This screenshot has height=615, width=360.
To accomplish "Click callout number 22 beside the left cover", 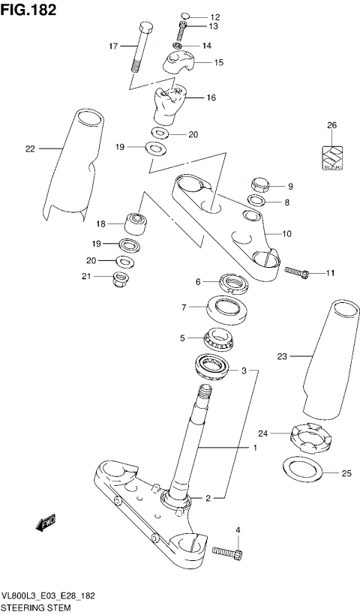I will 30,148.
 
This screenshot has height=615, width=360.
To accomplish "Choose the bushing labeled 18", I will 137,223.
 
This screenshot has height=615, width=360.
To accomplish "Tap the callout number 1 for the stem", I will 254,448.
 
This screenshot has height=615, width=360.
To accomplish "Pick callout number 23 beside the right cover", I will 282,356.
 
